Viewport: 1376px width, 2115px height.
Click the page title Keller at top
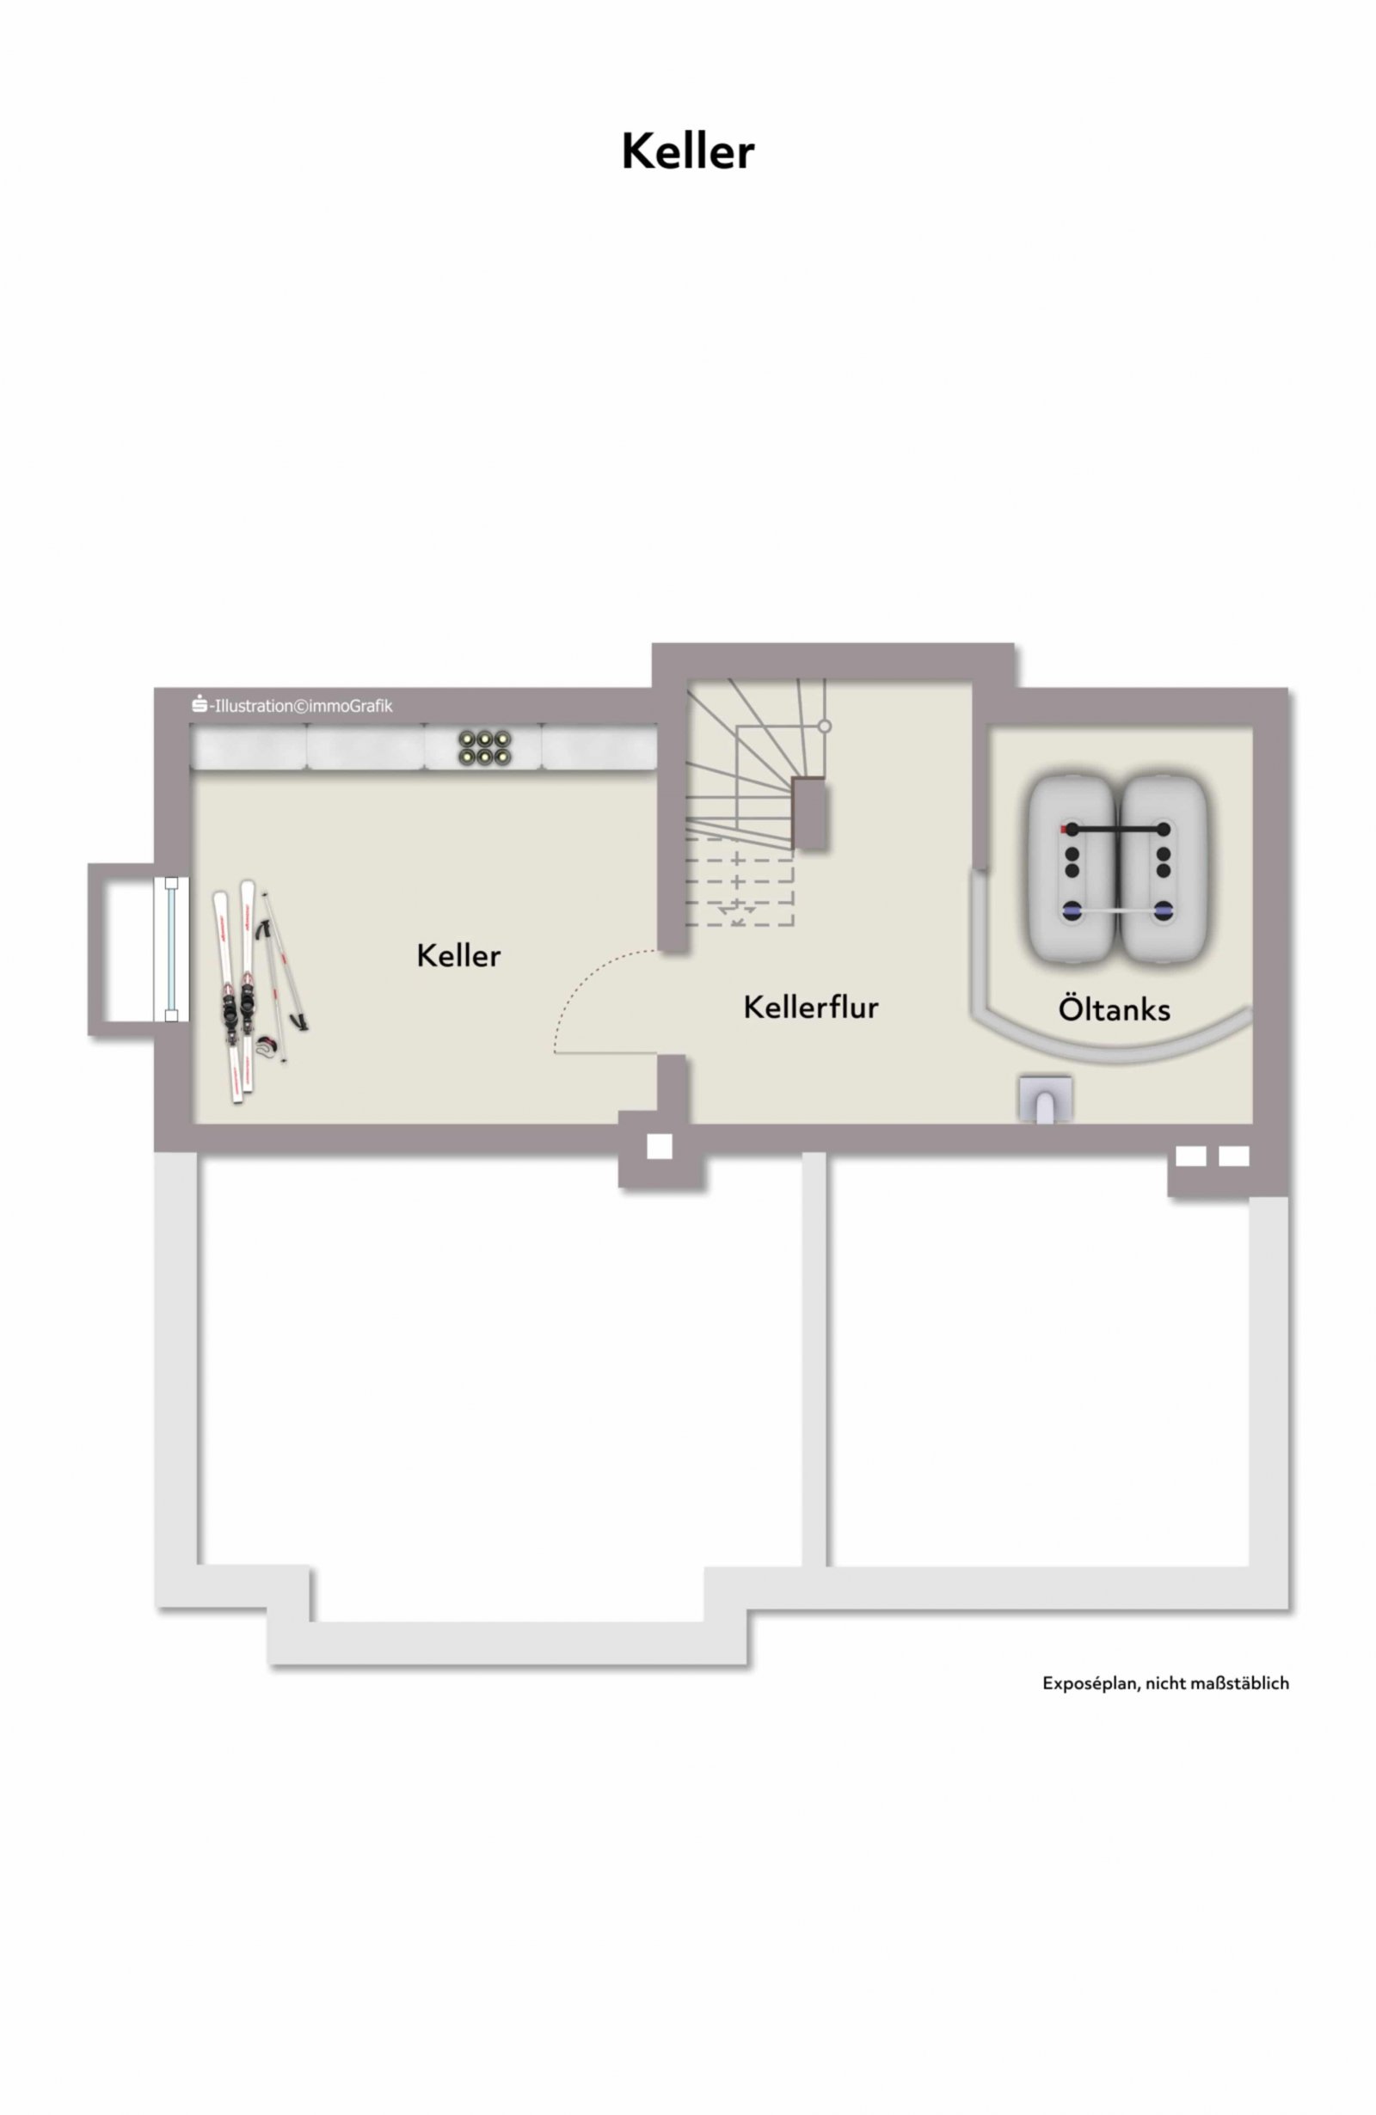pyautogui.click(x=687, y=151)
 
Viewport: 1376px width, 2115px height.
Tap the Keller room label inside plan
pyautogui.click(x=458, y=955)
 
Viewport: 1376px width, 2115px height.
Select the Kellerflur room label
pyautogui.click(x=810, y=1007)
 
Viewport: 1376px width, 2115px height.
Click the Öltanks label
pyautogui.click(x=1113, y=1009)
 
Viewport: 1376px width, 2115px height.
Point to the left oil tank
pyautogui.click(x=1071, y=870)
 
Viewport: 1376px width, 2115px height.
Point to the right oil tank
pyautogui.click(x=1164, y=870)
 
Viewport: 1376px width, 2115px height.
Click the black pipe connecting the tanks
pyautogui.click(x=1117, y=828)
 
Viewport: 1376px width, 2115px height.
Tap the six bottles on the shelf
pyautogui.click(x=483, y=747)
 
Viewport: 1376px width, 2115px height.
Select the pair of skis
pyautogui.click(x=236, y=990)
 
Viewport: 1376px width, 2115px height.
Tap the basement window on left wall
pyautogui.click(x=170, y=948)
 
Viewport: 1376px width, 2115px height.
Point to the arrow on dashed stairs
pyautogui.click(x=737, y=910)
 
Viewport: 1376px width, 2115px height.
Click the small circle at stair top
pyautogui.click(x=824, y=726)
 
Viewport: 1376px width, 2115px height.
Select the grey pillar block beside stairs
pyautogui.click(x=810, y=813)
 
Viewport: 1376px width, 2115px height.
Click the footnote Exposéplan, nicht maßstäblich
pyautogui.click(x=1164, y=1683)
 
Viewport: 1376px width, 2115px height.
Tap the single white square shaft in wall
pyautogui.click(x=659, y=1146)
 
